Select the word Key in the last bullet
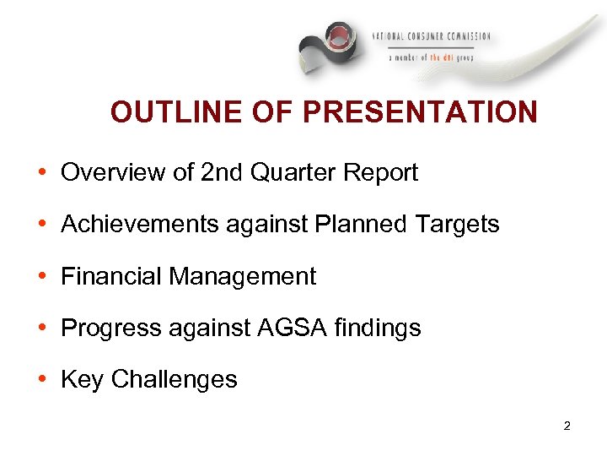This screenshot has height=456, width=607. pos(82,380)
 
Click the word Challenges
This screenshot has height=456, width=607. pos(175,380)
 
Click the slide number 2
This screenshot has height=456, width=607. pos(567,426)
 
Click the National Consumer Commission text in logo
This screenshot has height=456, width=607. pos(431,37)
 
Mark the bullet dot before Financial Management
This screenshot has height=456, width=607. pos(41,277)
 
